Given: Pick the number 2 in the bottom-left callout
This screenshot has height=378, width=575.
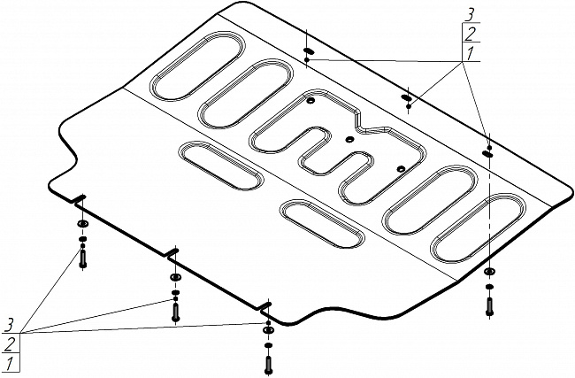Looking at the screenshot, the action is coord(9,343).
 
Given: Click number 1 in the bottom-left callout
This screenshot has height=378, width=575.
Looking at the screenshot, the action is coord(9,362).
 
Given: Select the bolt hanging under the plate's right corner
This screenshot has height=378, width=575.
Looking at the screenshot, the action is coord(490,305).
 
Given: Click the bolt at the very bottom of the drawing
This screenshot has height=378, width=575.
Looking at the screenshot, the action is coord(268,361).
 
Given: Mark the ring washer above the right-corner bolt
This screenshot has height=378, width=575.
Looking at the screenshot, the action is coord(490,272).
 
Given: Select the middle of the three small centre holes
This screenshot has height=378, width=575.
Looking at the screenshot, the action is coord(349,139).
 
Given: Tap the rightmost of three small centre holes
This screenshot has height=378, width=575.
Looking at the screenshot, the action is coord(400,167).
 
